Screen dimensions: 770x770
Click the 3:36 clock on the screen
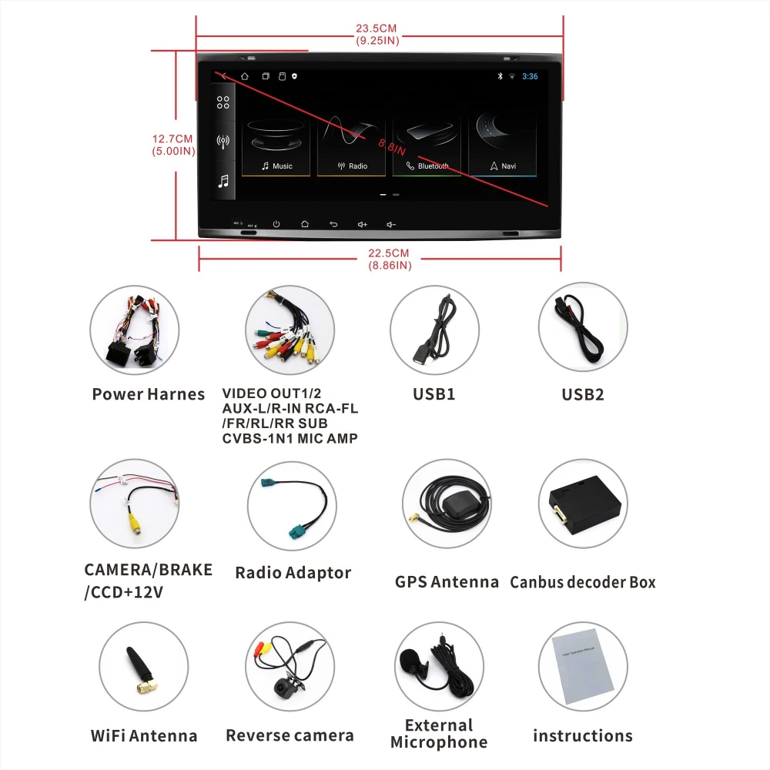click(x=530, y=76)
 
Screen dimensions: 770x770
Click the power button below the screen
click(x=276, y=224)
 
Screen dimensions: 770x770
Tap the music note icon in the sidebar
click(x=223, y=182)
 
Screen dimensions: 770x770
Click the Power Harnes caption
click(x=148, y=394)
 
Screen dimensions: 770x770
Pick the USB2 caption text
click(x=582, y=394)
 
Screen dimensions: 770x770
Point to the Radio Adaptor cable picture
click(x=293, y=504)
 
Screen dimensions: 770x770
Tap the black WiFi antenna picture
click(x=139, y=668)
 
